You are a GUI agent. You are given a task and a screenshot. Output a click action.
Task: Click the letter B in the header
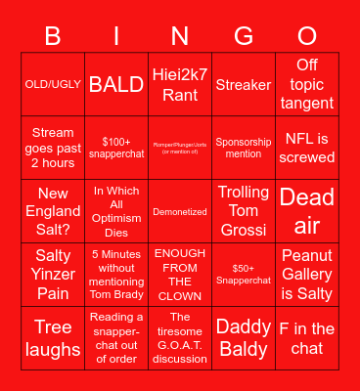[53, 36]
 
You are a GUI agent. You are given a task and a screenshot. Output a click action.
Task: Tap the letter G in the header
[244, 36]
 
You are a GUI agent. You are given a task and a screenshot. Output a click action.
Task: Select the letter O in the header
[307, 36]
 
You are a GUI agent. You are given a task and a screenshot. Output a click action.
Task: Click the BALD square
[116, 85]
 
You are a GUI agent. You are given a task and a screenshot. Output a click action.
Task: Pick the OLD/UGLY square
[53, 85]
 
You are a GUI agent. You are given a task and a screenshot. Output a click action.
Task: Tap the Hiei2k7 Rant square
[180, 85]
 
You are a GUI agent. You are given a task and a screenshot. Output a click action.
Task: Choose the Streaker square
[244, 85]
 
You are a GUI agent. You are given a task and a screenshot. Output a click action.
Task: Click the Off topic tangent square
[307, 85]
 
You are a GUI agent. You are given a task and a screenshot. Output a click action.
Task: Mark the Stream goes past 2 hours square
[53, 147]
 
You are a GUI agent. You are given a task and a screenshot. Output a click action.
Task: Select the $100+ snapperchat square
[116, 147]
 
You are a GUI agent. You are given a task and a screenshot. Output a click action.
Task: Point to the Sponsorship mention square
[244, 147]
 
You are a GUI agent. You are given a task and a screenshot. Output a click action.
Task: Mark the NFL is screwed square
[307, 147]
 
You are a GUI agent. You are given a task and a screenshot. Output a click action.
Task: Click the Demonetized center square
[180, 210]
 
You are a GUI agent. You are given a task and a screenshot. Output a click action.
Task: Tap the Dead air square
[307, 210]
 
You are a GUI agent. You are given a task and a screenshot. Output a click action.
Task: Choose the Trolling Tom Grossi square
[244, 210]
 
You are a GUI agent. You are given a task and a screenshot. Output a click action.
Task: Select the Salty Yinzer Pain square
[53, 274]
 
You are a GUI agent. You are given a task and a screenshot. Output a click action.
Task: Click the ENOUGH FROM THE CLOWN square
[180, 274]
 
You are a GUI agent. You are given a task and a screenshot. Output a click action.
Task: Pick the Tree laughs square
[53, 337]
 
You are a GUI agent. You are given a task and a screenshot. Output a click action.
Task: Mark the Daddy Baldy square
[244, 337]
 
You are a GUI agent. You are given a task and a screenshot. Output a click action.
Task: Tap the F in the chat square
[307, 337]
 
